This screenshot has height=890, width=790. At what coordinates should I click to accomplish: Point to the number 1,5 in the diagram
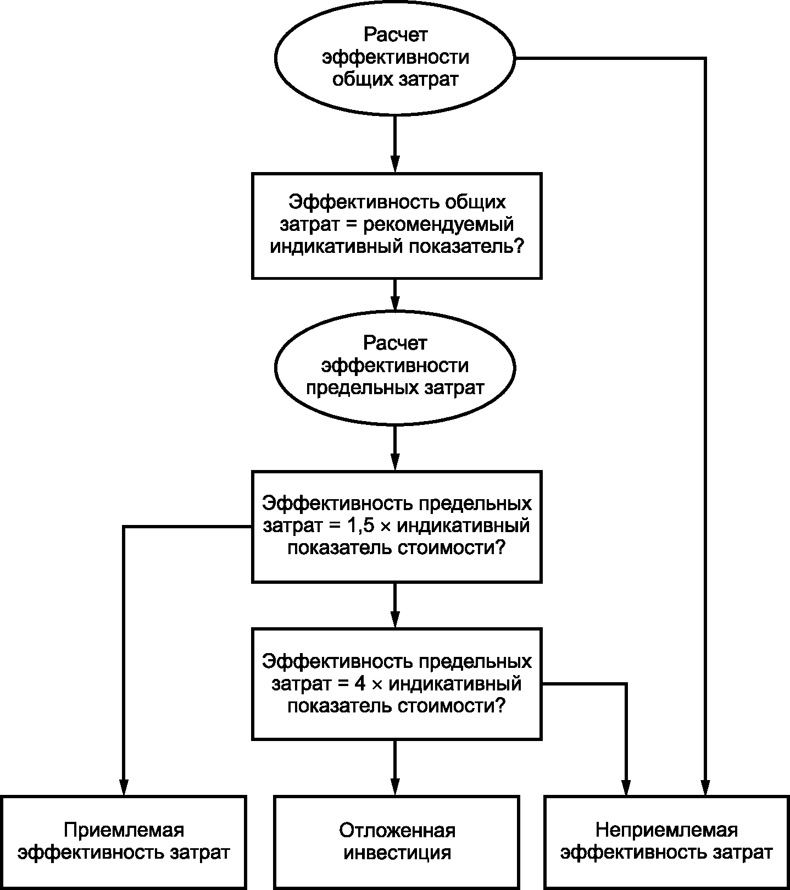[x=361, y=526]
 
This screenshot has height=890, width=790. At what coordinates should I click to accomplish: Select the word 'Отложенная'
[x=397, y=830]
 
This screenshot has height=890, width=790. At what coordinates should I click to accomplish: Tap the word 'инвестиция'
[x=397, y=853]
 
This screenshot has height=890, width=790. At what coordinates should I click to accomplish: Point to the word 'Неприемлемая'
[x=666, y=830]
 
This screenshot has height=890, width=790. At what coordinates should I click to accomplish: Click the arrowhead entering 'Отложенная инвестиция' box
[x=394, y=786]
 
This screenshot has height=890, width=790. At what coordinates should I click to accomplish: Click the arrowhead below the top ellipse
[x=394, y=163]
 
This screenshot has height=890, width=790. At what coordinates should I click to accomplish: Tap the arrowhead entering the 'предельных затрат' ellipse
[x=394, y=301]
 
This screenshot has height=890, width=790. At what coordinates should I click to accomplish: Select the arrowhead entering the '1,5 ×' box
[x=394, y=461]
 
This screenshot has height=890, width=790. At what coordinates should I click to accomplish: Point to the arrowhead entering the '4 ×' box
[x=394, y=619]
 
